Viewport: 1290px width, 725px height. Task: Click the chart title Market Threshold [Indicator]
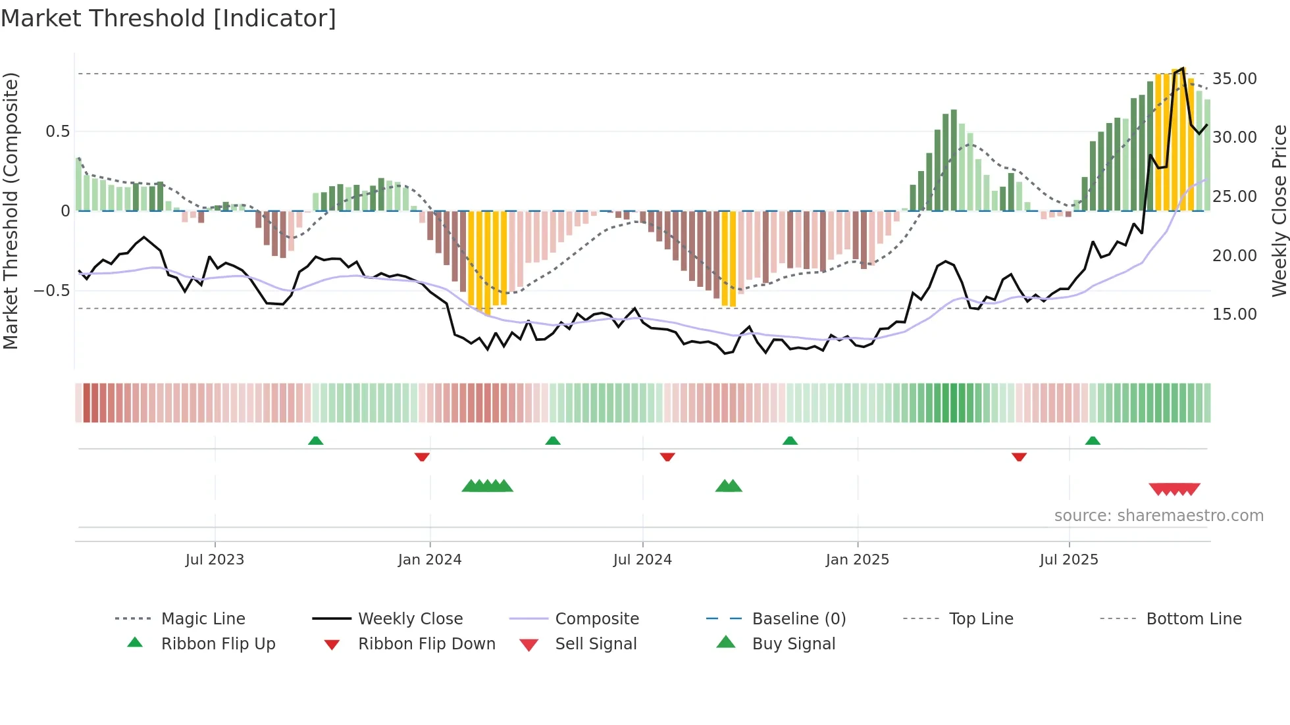click(x=168, y=18)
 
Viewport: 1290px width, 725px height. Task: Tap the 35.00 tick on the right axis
click(x=1234, y=79)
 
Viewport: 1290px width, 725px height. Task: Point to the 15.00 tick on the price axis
click(x=1234, y=314)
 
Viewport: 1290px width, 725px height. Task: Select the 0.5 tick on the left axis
click(x=57, y=132)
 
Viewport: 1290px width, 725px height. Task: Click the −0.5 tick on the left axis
click(x=52, y=290)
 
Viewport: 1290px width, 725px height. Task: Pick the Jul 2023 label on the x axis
click(x=215, y=560)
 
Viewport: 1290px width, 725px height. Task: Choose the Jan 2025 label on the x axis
click(x=857, y=560)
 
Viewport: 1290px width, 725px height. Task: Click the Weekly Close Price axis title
click(x=1279, y=211)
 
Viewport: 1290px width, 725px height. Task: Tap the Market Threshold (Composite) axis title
click(x=11, y=211)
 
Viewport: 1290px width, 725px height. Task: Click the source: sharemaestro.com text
click(x=1158, y=516)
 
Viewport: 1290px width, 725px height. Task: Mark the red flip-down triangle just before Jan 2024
click(x=422, y=457)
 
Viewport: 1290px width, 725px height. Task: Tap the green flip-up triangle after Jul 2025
click(x=1093, y=441)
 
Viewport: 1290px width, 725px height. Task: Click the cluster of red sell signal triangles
click(x=1174, y=489)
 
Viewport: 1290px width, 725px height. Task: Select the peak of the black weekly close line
click(x=1183, y=68)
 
